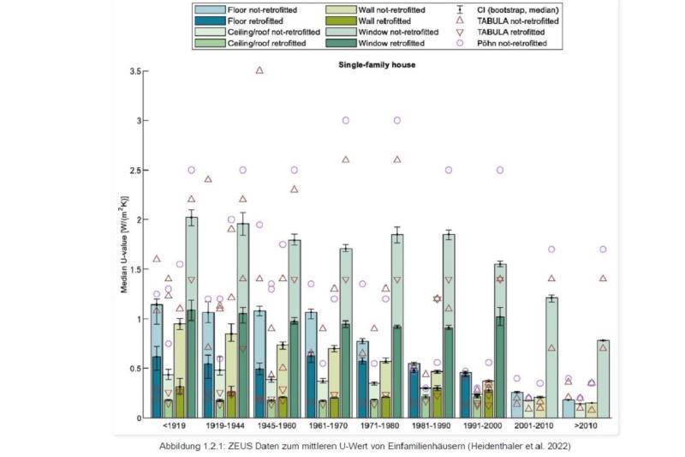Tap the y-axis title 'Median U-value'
[124, 244]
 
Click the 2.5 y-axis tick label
[135, 170]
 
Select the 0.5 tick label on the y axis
[135, 369]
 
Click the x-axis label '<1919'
[173, 425]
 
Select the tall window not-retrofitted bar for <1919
[192, 317]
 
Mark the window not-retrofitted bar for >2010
[604, 378]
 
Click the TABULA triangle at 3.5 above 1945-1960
[259, 70]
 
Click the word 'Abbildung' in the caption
[180, 446]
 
